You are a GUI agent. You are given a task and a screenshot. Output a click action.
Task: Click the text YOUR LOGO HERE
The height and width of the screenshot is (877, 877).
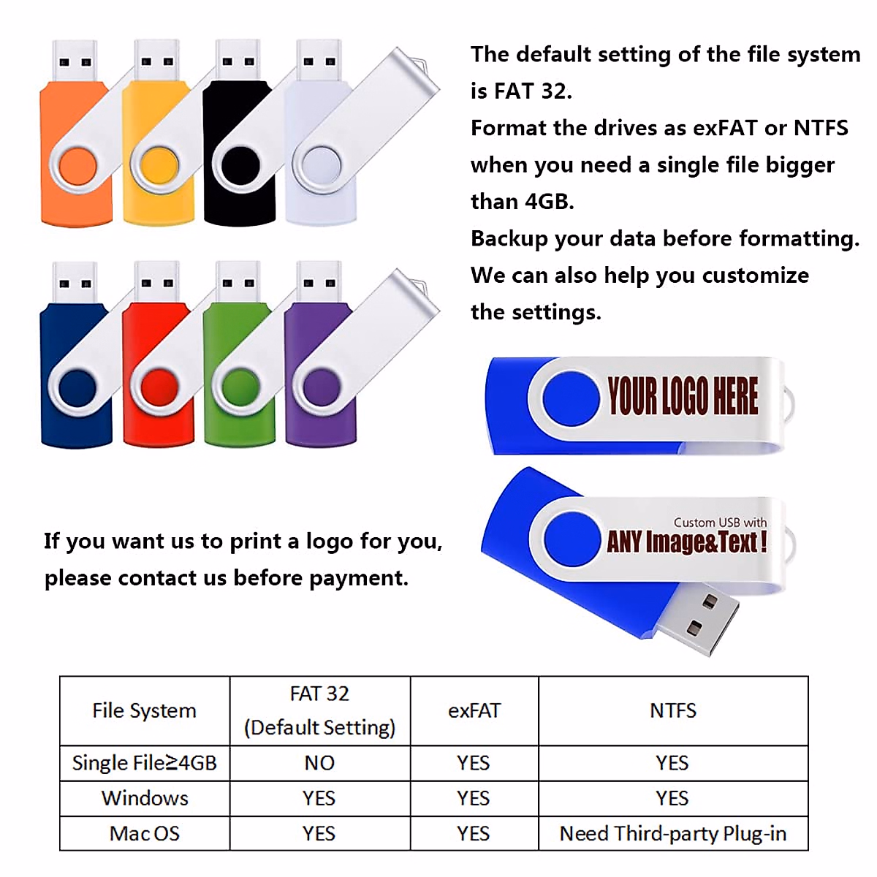[683, 397]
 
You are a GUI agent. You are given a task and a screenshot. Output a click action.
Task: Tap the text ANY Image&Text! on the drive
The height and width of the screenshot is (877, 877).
[686, 542]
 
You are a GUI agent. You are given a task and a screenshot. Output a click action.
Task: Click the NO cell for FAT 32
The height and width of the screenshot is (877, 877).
[319, 763]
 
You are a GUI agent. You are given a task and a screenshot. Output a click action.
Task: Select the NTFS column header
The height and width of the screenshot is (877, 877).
[673, 710]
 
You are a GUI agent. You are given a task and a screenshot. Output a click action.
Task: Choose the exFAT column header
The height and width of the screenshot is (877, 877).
[474, 710]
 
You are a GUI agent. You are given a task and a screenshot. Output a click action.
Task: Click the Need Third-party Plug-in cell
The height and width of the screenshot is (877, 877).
[673, 834]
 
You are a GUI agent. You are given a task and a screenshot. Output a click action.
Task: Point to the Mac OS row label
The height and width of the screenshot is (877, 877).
[145, 834]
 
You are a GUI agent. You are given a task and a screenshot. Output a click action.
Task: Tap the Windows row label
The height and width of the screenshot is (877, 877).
[145, 798]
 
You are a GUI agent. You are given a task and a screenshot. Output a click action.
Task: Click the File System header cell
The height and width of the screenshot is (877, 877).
[145, 710]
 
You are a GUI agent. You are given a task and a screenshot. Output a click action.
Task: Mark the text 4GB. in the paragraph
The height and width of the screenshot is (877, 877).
[550, 202]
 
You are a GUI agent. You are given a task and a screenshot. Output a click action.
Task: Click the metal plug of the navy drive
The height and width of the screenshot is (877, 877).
[75, 281]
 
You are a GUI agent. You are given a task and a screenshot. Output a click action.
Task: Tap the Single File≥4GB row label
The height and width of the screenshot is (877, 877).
[145, 763]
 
